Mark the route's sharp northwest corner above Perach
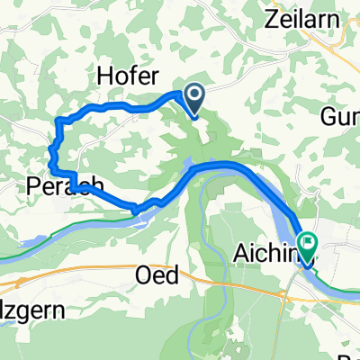pos(58,120)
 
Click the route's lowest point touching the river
pos(137,211)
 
